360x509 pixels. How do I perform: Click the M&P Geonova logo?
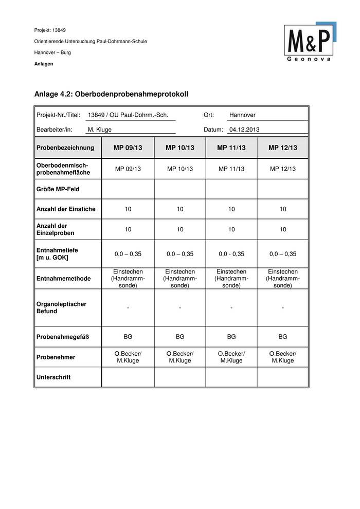310,42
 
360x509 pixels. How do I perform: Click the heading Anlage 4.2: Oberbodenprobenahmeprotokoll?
112,94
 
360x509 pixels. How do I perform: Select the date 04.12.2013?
245,130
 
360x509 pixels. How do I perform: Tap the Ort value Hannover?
242,115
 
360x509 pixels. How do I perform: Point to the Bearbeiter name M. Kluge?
100,130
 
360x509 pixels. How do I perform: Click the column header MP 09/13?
128,148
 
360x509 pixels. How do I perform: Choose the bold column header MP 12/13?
283,148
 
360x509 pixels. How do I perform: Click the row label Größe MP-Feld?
58,189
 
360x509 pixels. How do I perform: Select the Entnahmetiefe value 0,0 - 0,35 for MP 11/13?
231,254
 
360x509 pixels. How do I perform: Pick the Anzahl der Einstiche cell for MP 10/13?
180,209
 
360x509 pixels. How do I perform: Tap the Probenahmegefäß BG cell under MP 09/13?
128,337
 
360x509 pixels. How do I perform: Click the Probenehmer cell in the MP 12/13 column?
283,357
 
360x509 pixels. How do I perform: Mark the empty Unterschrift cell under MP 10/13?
180,377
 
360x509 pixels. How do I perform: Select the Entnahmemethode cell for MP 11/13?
231,279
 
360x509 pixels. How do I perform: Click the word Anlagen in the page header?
44,64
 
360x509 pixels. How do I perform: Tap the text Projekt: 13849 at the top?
50,30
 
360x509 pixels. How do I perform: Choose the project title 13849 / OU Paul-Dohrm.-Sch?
129,115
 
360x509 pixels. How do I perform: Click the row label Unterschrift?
53,377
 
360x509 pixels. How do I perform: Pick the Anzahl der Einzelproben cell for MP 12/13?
283,229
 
